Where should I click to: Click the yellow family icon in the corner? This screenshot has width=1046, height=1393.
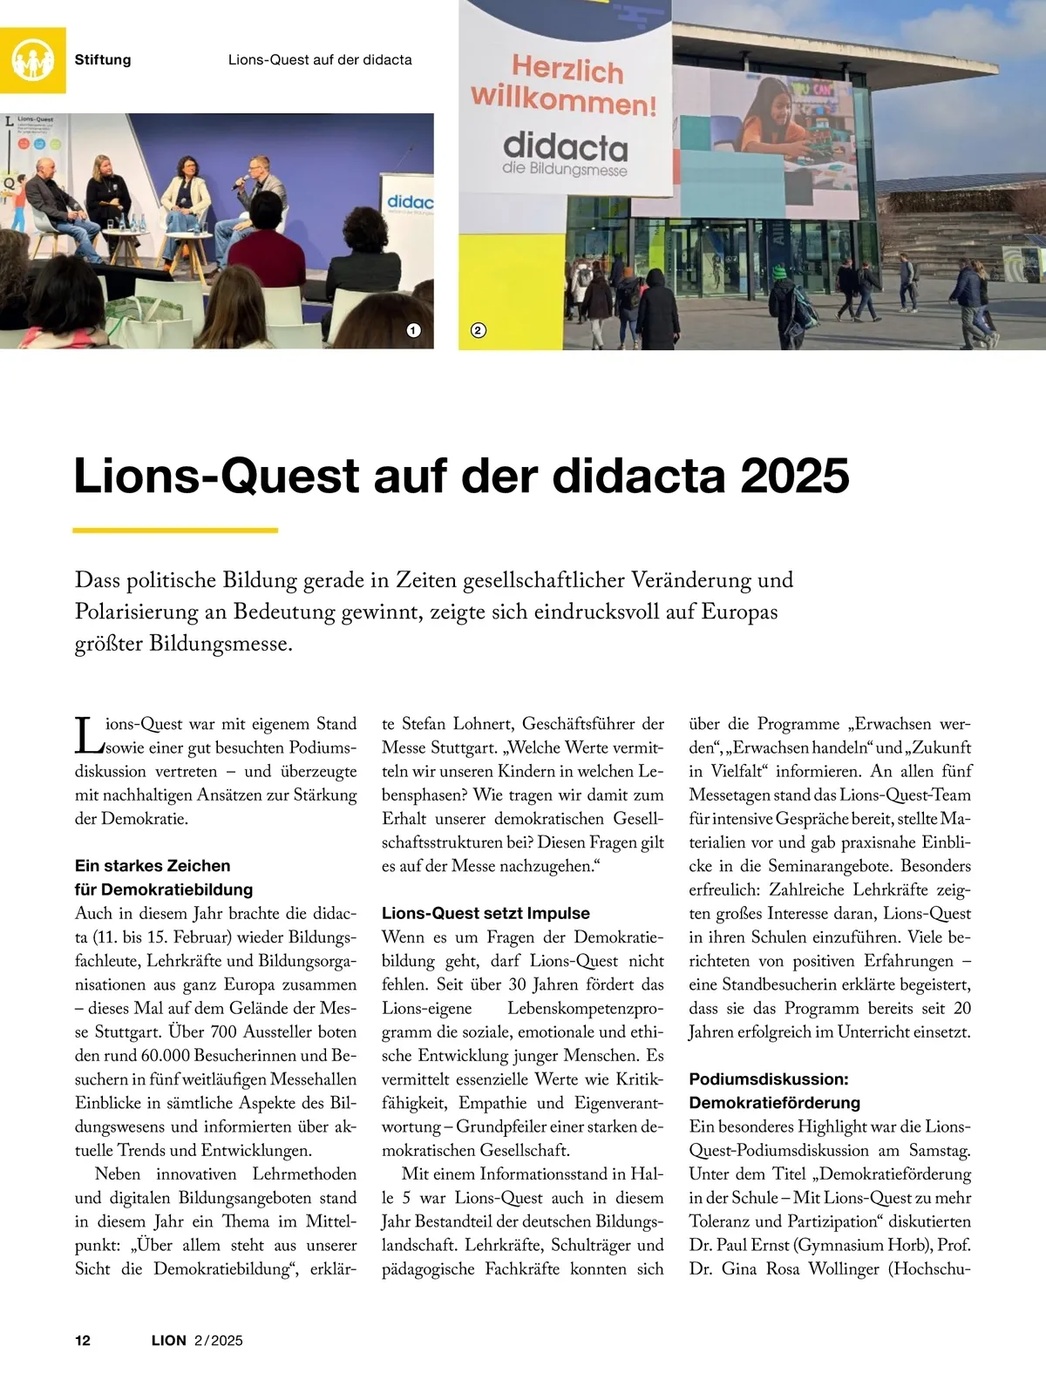click(33, 60)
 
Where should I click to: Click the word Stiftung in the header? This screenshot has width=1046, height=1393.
click(103, 60)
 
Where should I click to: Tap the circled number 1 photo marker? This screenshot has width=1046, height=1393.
click(413, 330)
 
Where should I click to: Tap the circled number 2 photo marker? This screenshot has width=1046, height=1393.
click(478, 330)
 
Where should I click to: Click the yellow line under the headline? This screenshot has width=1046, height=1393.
click(175, 530)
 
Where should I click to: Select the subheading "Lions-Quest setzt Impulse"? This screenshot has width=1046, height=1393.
click(486, 913)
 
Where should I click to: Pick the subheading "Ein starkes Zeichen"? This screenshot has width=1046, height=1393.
click(153, 866)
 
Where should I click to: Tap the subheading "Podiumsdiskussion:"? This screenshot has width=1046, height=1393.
click(768, 1079)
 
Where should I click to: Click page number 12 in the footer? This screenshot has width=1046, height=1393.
click(83, 1340)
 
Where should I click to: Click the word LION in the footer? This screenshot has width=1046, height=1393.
click(169, 1340)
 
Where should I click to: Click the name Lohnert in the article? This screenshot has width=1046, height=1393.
click(486, 724)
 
